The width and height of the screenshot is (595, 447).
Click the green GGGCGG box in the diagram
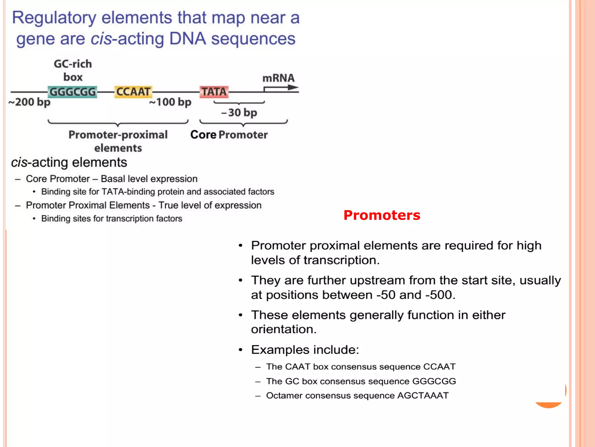72,92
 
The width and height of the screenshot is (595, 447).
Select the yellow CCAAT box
133,92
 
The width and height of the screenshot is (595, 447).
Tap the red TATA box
214,92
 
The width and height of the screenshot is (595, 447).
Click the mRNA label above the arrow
278,78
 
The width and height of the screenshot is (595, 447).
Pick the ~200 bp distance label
29,102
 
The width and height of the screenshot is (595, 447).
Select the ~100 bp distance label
170,102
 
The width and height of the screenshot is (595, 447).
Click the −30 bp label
239,113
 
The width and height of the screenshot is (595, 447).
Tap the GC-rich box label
73,70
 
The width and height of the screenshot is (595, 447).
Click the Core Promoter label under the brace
229,135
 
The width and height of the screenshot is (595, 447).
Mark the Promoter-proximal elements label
118,141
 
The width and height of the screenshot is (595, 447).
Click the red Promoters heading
382,215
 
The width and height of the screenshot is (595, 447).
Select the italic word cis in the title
101,39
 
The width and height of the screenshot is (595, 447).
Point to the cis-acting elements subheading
69,162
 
